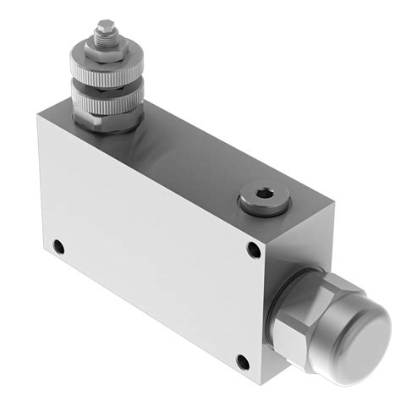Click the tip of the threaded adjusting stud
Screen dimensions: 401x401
click(104, 25)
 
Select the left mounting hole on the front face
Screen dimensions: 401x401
click(58, 247)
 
